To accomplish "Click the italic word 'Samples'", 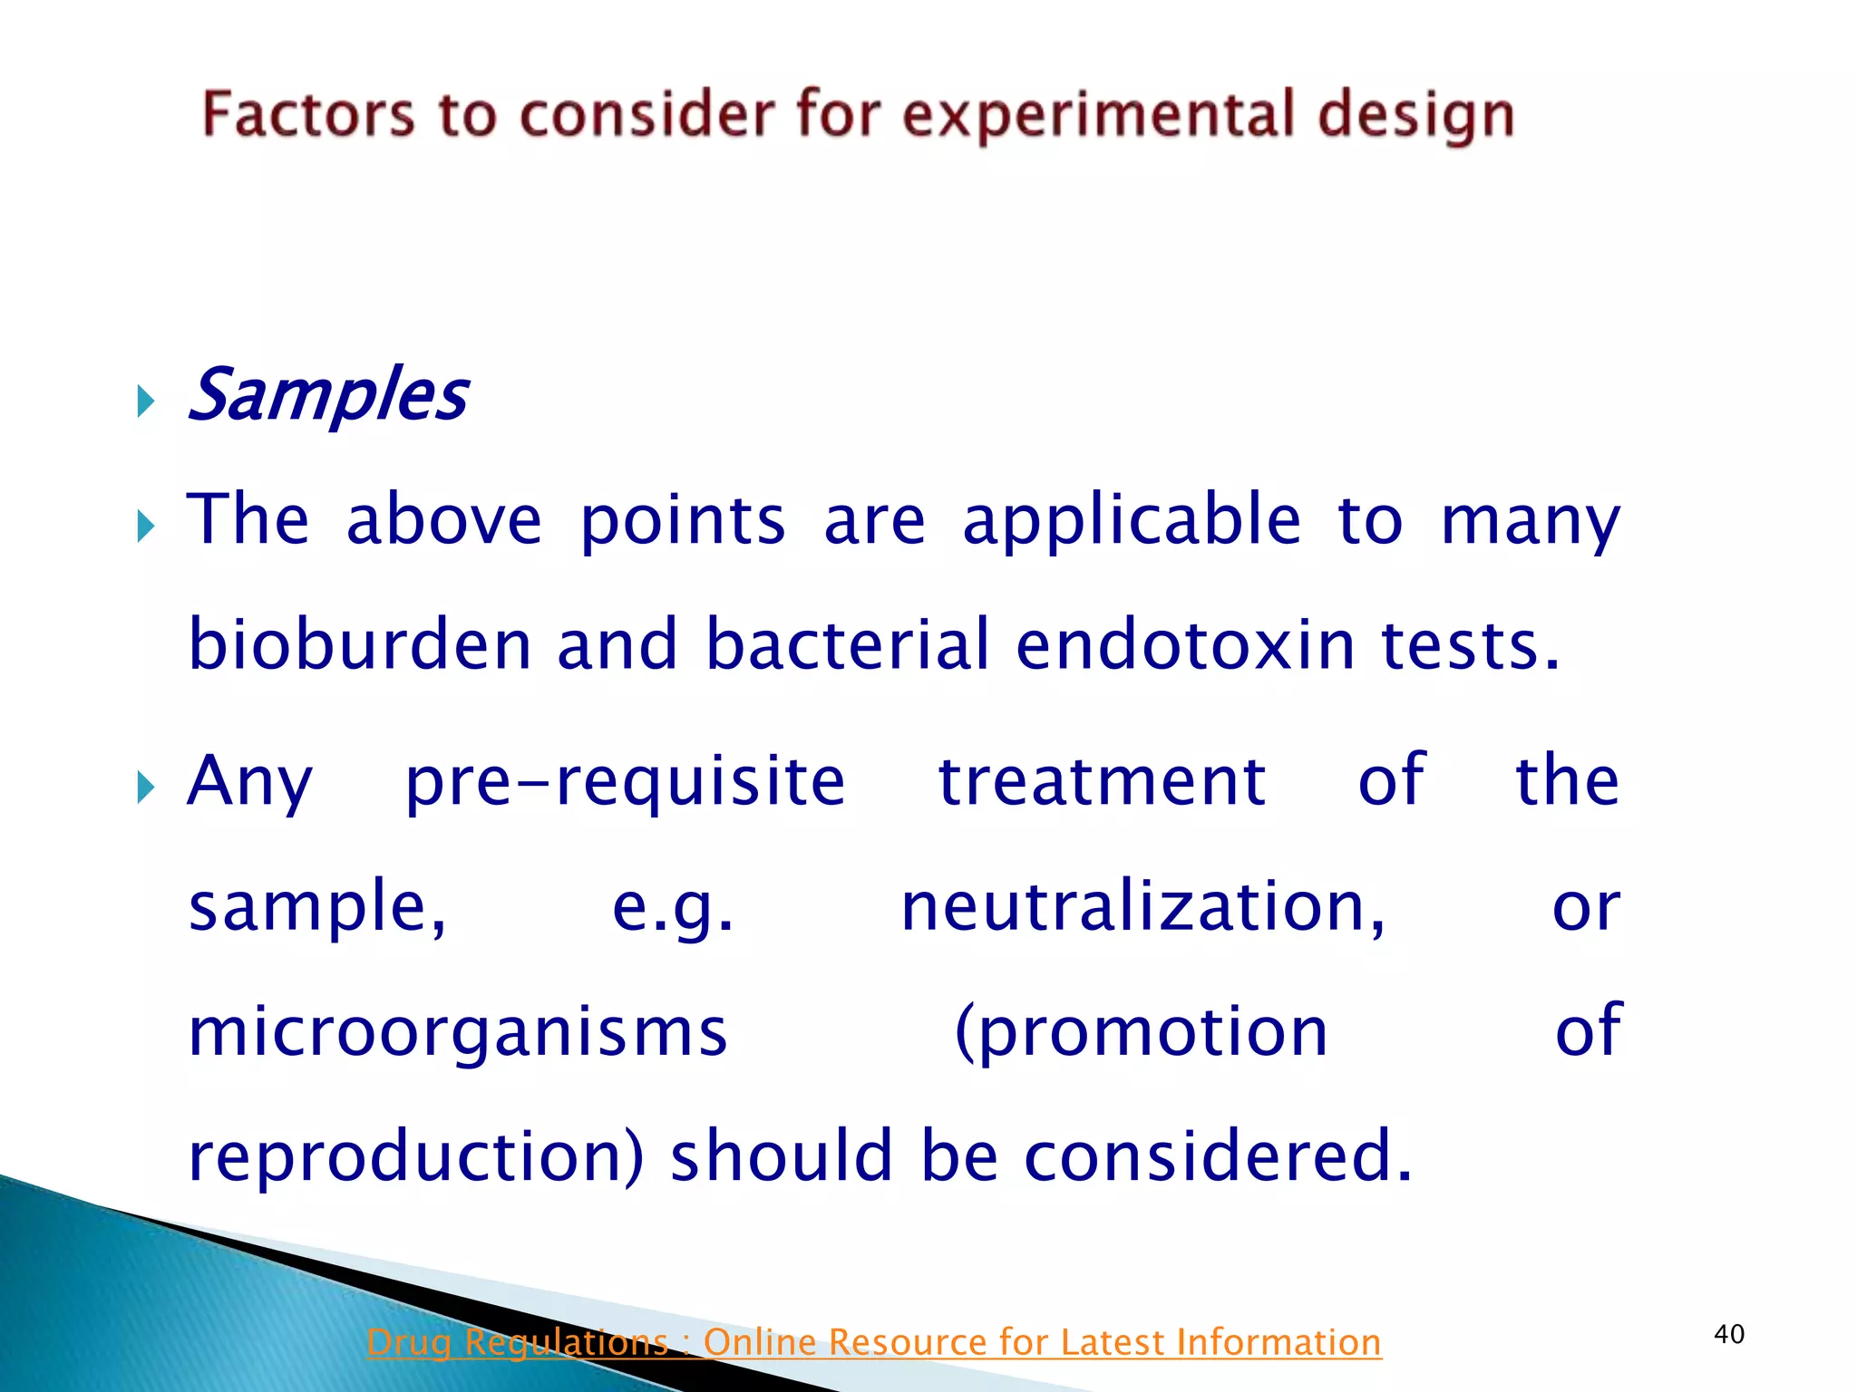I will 327,396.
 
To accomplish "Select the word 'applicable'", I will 1131,521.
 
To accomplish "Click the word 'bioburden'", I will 360,644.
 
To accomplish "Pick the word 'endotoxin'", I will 1185,644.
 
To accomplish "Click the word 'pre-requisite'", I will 625,782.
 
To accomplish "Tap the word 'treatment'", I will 1102,782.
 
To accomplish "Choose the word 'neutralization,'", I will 1142,907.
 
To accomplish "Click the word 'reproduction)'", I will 416,1157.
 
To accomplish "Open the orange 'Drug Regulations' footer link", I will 873,1342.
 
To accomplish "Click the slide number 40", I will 1729,1334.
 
